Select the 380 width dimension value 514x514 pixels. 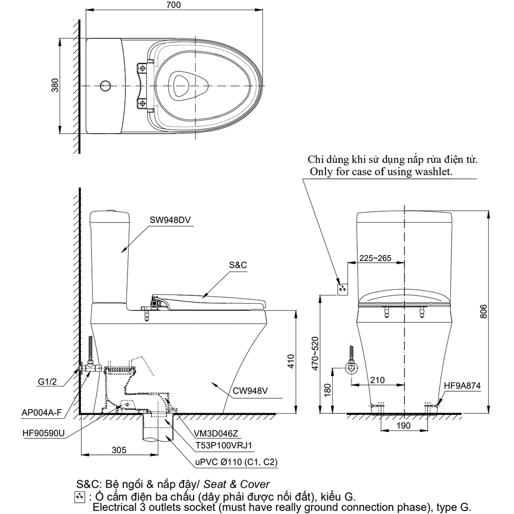pyautogui.click(x=55, y=85)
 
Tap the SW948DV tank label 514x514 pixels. pyautogui.click(x=171, y=220)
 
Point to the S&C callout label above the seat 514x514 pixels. pyautogui.click(x=238, y=265)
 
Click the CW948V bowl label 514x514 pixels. pyautogui.click(x=251, y=391)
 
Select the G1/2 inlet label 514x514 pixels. pyautogui.click(x=47, y=381)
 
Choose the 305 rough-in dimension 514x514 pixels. pyautogui.click(x=119, y=450)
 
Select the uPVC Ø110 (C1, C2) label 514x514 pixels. pyautogui.click(x=236, y=462)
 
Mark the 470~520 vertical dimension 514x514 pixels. pyautogui.click(x=315, y=355)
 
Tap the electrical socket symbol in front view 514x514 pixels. pyautogui.click(x=341, y=288)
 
